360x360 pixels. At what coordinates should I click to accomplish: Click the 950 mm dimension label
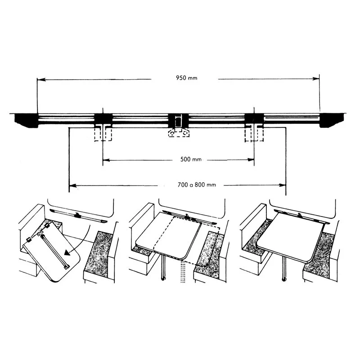pyautogui.click(x=186, y=78)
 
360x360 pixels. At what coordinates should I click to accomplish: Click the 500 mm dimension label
pyautogui.click(x=191, y=159)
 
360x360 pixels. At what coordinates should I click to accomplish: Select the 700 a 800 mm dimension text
pyautogui.click(x=197, y=185)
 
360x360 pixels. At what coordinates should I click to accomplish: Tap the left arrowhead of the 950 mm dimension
pyautogui.click(x=41, y=80)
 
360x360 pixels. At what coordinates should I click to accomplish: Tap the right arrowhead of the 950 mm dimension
pyautogui.click(x=316, y=79)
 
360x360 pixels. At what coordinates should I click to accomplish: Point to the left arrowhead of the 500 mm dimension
pyautogui.click(x=106, y=160)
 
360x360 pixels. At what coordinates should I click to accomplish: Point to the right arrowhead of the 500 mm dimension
pyautogui.click(x=251, y=160)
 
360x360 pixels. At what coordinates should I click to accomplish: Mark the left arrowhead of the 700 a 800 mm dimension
pyautogui.click(x=73, y=185)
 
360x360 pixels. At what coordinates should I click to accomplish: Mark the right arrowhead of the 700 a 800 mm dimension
pyautogui.click(x=282, y=185)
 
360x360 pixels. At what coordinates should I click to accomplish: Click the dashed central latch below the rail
pyautogui.click(x=179, y=133)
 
